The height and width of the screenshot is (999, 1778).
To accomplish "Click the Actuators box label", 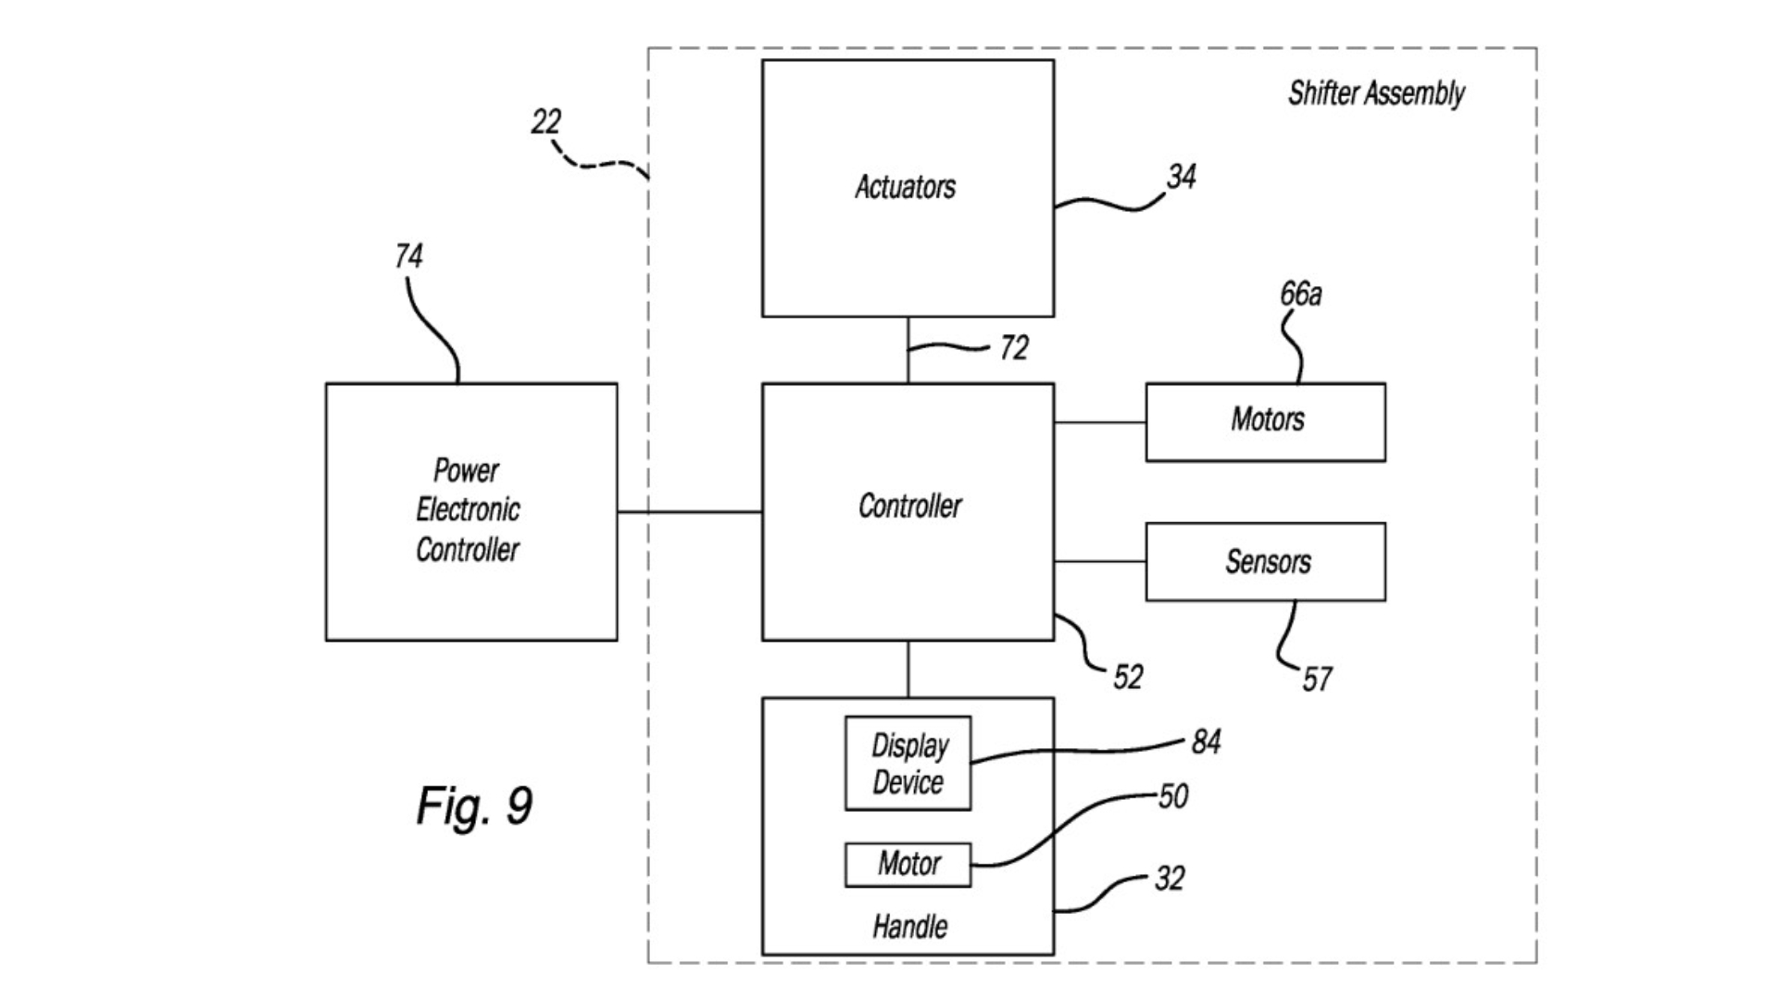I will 905,187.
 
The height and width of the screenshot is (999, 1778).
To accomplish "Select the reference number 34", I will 1181,177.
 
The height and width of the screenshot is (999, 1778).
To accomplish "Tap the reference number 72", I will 1013,348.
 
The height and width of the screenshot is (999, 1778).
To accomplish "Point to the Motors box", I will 1265,422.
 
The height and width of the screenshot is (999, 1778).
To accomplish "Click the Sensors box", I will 1265,562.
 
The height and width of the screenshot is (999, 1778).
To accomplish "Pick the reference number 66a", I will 1300,294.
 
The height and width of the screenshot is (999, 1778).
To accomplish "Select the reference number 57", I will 1316,680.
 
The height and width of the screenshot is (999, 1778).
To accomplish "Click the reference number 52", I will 1127,677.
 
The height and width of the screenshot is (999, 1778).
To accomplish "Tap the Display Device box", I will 908,764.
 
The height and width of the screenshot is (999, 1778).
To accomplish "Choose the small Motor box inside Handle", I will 908,865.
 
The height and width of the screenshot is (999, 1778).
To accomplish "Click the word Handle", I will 909,927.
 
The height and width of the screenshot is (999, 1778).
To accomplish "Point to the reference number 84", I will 1205,742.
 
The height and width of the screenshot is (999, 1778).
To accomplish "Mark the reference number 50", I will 1172,796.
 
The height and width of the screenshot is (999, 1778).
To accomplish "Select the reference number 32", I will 1169,879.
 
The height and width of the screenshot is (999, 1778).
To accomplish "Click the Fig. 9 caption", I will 474,805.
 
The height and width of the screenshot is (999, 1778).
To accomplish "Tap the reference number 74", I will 408,256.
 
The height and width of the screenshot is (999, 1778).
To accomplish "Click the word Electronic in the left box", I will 468,510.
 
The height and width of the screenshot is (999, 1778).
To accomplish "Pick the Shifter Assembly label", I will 1376,94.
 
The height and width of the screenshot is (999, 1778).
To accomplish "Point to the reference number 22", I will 545,121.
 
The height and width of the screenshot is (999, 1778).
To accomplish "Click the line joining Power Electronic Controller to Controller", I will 689,512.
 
